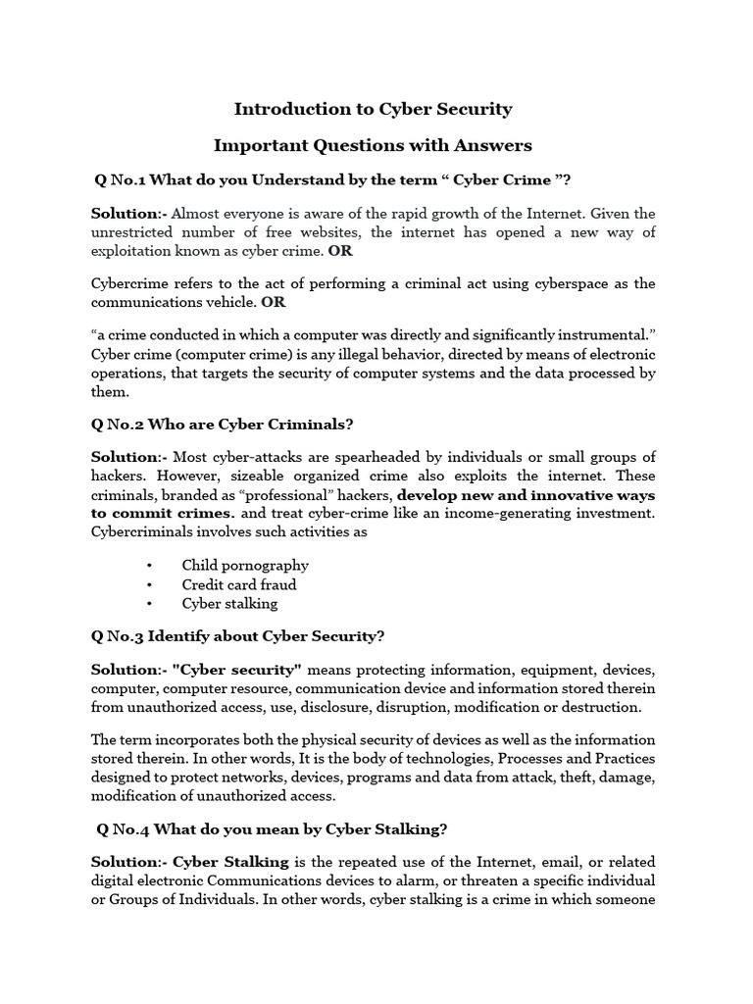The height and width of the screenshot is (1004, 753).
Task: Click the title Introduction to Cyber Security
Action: [x=373, y=109]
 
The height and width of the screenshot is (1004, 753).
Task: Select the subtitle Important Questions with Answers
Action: [x=373, y=146]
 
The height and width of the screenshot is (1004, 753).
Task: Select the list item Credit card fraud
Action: [x=238, y=584]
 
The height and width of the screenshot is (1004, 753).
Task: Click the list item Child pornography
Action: [x=245, y=565]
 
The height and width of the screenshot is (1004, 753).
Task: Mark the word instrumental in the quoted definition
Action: [x=608, y=334]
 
